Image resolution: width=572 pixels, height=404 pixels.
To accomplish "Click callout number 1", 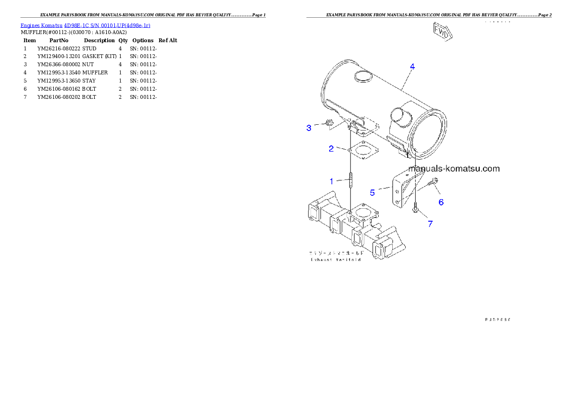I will click(331, 181).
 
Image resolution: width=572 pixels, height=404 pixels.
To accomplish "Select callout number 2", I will click(331, 149).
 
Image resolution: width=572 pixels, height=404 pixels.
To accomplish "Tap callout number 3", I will click(309, 128).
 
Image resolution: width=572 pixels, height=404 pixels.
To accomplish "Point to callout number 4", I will click(412, 67).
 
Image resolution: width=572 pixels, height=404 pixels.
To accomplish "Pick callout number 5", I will click(373, 192).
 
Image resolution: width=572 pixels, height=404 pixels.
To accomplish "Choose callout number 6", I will click(441, 202).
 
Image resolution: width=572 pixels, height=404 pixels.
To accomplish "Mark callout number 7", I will click(430, 224).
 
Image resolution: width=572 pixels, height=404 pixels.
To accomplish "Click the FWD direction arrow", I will click(441, 33).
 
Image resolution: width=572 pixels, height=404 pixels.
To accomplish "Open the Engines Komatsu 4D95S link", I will click(85, 25).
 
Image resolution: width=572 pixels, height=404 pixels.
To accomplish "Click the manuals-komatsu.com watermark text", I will click(454, 168).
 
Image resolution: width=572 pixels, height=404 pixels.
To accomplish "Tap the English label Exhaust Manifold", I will click(336, 260).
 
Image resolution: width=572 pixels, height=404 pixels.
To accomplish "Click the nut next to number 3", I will click(329, 123).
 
